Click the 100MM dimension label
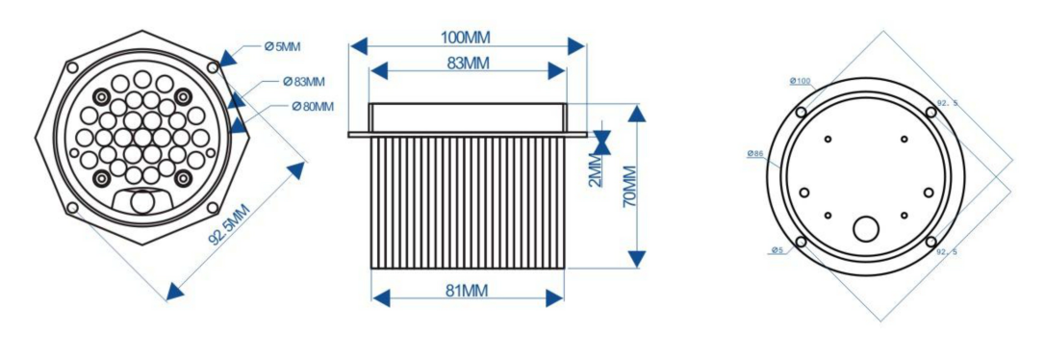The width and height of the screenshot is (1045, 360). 465,37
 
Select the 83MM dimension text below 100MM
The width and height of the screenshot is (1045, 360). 468,64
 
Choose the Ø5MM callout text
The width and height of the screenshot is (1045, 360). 283,46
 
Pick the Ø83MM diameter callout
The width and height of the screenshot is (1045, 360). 303,82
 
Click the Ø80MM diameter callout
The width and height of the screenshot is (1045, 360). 313,106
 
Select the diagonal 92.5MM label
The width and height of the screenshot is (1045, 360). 229,225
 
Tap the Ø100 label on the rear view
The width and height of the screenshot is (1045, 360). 800,81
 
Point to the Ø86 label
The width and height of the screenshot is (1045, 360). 755,154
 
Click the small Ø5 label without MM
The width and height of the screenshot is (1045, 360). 777,250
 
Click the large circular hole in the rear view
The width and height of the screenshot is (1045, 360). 867,229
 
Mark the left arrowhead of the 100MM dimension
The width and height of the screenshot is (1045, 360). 359,46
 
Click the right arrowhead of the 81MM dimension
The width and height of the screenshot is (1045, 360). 555,298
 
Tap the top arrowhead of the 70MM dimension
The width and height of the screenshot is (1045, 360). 637,113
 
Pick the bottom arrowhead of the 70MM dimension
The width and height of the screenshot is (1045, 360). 637,259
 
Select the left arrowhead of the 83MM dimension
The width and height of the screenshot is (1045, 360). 379,70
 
